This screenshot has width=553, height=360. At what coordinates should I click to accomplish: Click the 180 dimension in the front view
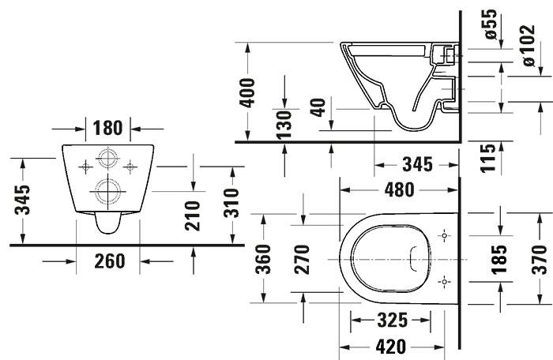(108, 128)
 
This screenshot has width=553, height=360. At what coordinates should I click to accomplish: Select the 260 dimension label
(108, 260)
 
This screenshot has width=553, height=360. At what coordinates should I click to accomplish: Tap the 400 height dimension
(248, 93)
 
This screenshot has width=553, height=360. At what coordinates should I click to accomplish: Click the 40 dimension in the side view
(319, 105)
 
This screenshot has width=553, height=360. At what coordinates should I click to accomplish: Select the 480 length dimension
(399, 190)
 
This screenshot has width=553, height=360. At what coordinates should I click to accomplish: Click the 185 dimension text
(499, 258)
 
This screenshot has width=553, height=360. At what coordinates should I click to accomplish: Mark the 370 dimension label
(539, 258)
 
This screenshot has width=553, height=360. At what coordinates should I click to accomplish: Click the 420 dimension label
(390, 346)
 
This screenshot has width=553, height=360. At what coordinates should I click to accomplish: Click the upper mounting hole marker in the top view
(444, 236)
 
